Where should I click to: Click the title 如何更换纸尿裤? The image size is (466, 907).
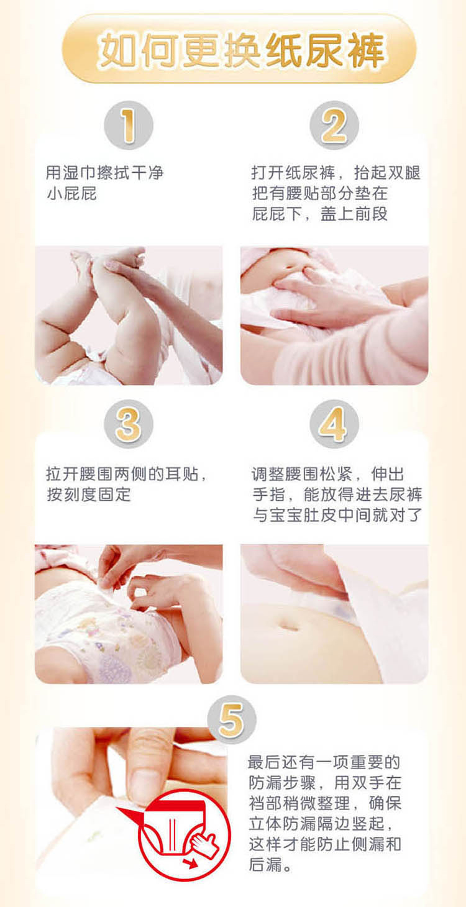[x=241, y=50]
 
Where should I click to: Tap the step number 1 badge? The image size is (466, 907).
[x=129, y=125]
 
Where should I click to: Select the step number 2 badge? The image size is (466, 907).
[x=334, y=125]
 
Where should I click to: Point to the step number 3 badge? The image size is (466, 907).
[x=129, y=424]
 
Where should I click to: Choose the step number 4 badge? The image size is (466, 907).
[x=334, y=424]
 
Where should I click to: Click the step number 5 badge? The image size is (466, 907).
[x=232, y=719]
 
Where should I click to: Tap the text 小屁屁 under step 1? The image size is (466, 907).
[x=71, y=194]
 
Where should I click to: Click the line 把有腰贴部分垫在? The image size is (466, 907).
[x=320, y=193]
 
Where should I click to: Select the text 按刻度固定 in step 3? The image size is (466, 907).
[x=89, y=495]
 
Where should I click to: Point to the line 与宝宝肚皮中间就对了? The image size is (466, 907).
[x=337, y=515]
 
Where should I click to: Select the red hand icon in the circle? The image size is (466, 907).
[x=205, y=844]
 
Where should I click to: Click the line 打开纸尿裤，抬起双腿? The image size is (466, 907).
[x=336, y=173]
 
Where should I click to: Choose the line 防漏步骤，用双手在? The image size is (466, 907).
[x=325, y=783]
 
